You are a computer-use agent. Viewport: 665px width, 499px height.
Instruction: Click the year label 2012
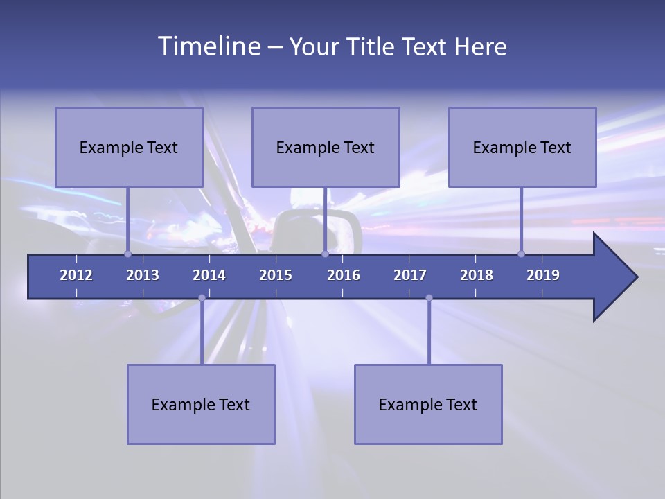point(76,275)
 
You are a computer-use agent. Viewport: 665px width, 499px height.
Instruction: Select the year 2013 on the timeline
point(143,275)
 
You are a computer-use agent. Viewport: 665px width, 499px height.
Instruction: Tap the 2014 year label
point(209,275)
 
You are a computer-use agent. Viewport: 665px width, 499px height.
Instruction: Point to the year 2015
point(276,275)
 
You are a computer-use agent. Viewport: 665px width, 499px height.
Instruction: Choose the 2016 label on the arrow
point(344,275)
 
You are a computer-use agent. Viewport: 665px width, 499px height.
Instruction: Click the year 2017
point(410,275)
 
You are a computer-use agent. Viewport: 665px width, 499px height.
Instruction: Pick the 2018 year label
point(477,275)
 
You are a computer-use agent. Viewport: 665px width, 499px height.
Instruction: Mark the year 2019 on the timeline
point(543,275)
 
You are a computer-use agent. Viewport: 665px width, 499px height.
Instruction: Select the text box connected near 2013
point(129,147)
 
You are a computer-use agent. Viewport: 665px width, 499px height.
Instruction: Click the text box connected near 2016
point(326,147)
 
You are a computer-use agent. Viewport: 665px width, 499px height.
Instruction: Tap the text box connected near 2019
point(522,147)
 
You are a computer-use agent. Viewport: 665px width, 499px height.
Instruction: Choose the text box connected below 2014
point(201,404)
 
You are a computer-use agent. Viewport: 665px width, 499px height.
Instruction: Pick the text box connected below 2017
point(428,404)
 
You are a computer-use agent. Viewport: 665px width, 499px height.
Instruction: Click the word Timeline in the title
point(209,46)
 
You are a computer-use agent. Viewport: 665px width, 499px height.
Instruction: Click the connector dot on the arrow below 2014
point(202,298)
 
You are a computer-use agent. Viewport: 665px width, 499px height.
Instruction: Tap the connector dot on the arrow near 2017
point(429,298)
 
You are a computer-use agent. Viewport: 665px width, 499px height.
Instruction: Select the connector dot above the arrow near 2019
point(522,254)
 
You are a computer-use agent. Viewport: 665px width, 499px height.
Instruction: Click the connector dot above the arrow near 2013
point(128,254)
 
